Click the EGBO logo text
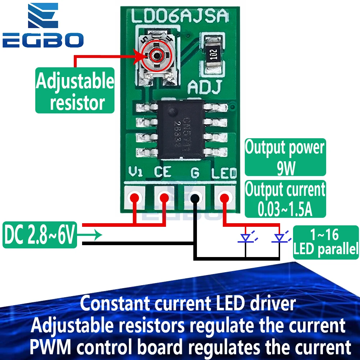43,40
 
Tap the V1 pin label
136,172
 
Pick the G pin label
195,173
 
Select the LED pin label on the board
224,174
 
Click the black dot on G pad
195,198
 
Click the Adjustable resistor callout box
75,91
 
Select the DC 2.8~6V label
40,235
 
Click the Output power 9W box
285,157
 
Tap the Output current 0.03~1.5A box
285,199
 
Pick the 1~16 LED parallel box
326,242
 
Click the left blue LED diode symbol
246,238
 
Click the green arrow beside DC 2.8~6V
90,235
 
